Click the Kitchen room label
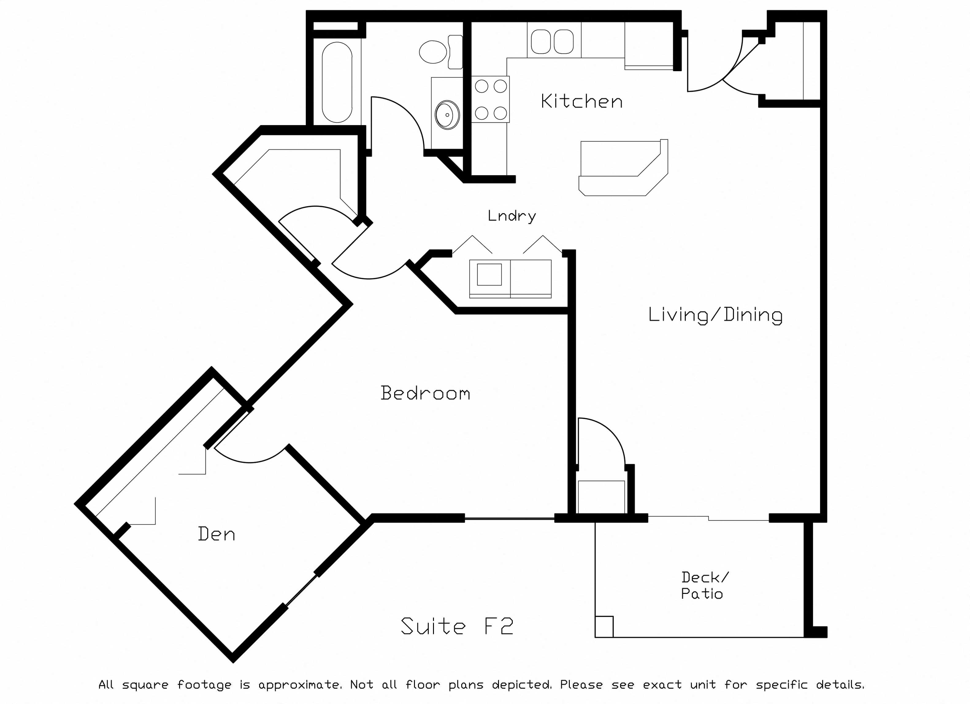[582, 101]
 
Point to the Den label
[217, 534]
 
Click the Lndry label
[512, 216]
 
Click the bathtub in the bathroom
[337, 82]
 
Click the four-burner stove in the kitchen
[491, 99]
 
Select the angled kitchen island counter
[623, 168]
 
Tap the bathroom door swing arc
[406, 115]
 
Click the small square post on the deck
[604, 627]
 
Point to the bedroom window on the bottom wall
[509, 519]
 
